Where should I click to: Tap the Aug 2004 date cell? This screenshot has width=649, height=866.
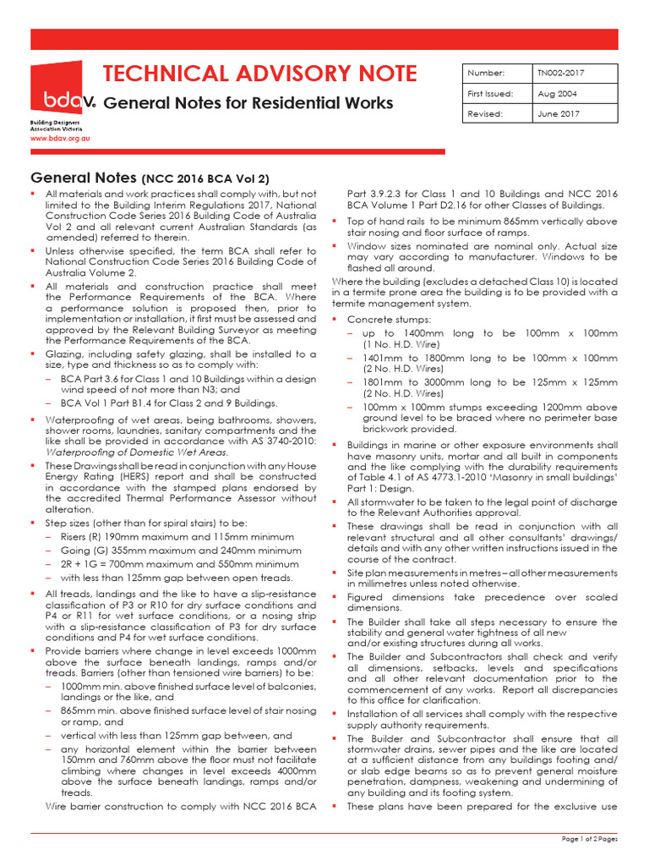558,93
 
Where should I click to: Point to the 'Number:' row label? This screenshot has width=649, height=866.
484,73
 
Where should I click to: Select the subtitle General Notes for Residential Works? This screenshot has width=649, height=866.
253,103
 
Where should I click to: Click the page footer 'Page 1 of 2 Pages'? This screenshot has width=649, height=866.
590,838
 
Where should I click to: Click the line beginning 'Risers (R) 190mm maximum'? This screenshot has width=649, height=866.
177,536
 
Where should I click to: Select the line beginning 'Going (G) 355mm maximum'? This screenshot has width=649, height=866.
180,551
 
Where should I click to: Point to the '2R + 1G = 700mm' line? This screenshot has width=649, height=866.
180,564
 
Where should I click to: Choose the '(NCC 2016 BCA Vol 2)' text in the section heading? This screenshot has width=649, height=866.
205,179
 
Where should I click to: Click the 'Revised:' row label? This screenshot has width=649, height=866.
485,112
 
